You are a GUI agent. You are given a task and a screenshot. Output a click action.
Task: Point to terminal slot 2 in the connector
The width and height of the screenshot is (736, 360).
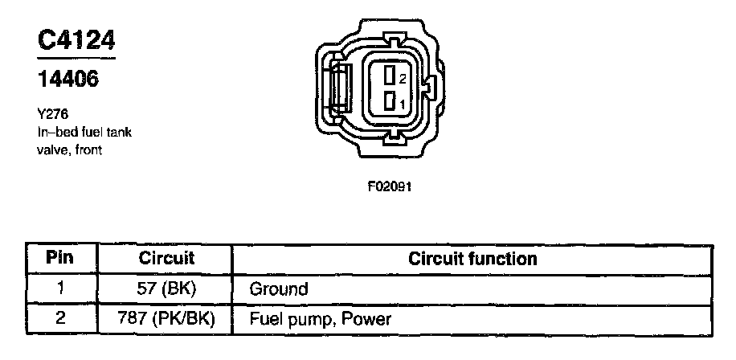point(388,77)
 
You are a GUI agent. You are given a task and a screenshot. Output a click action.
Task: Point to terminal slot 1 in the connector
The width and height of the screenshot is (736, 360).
point(388,103)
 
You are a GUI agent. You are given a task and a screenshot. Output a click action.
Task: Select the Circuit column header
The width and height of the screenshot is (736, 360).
point(167,260)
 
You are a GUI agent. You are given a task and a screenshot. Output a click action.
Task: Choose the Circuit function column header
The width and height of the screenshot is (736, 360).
point(472,260)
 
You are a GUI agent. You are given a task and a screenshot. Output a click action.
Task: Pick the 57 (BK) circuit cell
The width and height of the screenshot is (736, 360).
point(167,288)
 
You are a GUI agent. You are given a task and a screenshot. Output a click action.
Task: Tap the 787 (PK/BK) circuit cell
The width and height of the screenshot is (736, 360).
point(167,318)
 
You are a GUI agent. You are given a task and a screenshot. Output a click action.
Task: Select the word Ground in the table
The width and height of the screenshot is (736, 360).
point(279,288)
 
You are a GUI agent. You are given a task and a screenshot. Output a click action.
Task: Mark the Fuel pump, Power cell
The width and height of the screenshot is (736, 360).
point(321,318)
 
